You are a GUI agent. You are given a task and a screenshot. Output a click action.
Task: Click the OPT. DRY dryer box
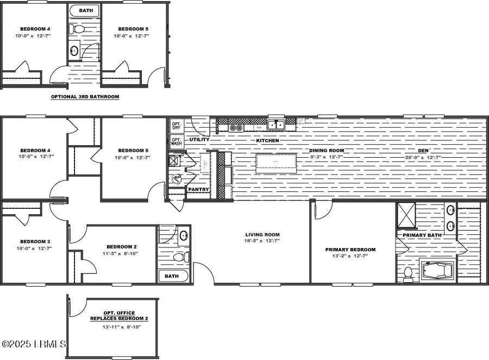(175, 126)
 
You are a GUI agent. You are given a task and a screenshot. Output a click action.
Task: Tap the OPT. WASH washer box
(175, 141)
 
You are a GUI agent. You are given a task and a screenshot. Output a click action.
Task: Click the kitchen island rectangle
(276, 162)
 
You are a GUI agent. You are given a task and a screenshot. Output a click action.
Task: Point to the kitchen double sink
(275, 125)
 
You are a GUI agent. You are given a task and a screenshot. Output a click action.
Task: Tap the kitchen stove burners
(236, 128)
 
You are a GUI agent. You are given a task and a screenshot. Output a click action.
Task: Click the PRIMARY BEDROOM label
(350, 250)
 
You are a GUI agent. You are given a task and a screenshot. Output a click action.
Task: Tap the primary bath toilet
(408, 274)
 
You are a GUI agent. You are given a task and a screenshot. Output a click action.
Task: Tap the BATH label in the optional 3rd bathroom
(85, 10)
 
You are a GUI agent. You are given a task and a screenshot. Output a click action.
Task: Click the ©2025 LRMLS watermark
(34, 344)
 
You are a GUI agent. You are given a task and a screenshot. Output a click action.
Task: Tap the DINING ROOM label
(327, 150)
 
